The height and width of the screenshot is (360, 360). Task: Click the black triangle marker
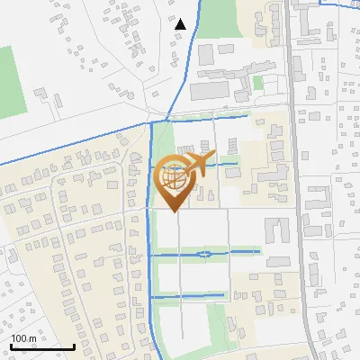[x=180, y=24]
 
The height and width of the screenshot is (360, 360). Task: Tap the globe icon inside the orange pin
[x=172, y=178]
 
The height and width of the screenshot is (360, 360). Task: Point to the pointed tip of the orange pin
[x=172, y=211]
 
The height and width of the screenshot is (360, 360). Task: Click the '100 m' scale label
[x=23, y=338]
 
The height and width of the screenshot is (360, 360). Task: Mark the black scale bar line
[x=42, y=346]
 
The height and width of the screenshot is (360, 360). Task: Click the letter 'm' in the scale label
[x=32, y=338]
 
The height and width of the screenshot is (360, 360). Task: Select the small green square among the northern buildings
[x=258, y=82]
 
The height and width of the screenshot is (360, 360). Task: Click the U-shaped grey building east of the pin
[x=278, y=229]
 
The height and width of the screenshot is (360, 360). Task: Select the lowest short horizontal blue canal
[x=188, y=295]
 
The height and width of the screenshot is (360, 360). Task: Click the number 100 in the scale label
[x=19, y=338]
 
